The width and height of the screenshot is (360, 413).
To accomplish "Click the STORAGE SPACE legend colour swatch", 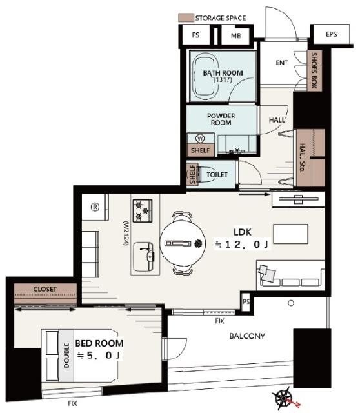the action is click(x=186, y=17).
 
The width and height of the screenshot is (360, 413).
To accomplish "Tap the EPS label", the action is click(x=332, y=34).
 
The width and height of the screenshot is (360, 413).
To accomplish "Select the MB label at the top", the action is click(x=235, y=35).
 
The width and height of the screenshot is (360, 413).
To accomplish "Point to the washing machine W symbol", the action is click(x=200, y=138).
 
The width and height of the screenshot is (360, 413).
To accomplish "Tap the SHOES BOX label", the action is click(x=314, y=70).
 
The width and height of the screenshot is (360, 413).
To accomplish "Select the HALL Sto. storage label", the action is click(x=303, y=157).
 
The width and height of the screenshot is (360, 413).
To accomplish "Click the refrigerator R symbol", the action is click(x=95, y=206).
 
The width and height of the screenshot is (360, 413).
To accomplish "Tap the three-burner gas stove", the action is click(x=143, y=211).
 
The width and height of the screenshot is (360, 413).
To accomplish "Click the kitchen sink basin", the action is click(x=143, y=257).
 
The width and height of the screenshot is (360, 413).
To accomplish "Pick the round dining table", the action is click(x=183, y=243).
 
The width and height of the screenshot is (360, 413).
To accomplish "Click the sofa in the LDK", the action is click(x=290, y=276).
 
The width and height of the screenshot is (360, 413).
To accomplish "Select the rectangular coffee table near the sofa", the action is click(x=290, y=234).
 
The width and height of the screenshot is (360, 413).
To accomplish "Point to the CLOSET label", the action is click(x=45, y=289).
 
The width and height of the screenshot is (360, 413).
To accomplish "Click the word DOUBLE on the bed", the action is click(x=66, y=356).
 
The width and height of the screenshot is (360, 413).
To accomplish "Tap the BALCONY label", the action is click(x=247, y=336).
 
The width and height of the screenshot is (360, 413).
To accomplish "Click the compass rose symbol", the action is click(x=284, y=398).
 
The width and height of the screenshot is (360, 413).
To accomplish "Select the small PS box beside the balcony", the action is click(x=246, y=301).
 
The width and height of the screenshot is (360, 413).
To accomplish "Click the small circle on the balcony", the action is click(x=291, y=303).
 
